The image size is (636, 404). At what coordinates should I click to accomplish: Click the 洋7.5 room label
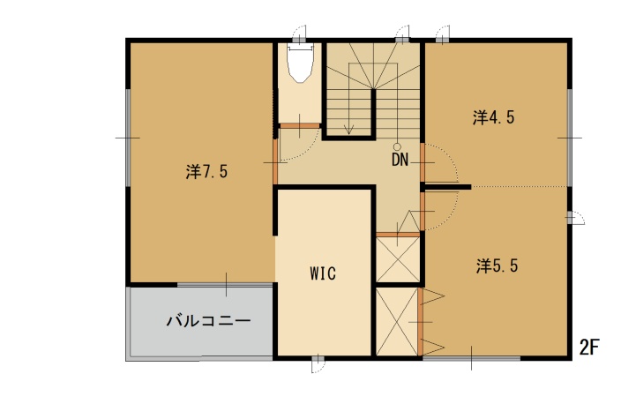(206, 172)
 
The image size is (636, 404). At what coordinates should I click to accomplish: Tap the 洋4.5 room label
(493, 117)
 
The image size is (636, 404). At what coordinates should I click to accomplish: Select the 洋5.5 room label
(497, 266)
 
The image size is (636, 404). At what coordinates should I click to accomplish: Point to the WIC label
(323, 273)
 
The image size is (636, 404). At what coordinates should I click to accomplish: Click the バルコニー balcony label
(209, 321)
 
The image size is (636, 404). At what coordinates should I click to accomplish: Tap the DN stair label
(400, 160)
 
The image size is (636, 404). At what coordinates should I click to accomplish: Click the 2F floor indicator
(589, 348)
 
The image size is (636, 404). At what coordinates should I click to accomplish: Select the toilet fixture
(300, 64)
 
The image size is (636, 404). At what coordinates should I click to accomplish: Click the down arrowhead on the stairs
(348, 130)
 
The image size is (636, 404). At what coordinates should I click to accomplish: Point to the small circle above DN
(398, 146)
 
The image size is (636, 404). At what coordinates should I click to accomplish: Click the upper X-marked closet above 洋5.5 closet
(398, 259)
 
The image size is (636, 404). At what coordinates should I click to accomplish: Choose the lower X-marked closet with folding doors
(397, 322)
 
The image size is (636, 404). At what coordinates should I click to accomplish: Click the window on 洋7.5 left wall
(128, 138)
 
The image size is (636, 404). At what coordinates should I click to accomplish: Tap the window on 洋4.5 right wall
(569, 138)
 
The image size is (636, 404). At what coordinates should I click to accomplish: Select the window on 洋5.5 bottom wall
(471, 358)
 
